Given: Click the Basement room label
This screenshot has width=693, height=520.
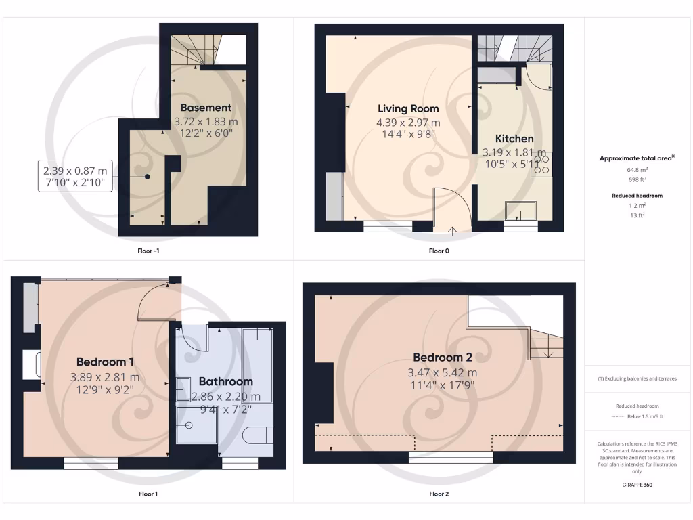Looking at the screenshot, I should click(x=206, y=108).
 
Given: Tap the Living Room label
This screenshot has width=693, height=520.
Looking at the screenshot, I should click(x=408, y=108).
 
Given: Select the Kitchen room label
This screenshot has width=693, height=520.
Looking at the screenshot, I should click(x=514, y=139).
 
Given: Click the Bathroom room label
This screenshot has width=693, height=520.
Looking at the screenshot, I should click(x=225, y=382).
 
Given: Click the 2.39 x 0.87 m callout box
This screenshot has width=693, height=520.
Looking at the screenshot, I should click(x=75, y=176).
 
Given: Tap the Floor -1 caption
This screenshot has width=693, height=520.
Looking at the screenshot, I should click(x=148, y=251).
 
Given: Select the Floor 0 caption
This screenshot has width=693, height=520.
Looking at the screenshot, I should click(x=439, y=251).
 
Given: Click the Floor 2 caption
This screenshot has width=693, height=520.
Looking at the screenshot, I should click(x=439, y=494).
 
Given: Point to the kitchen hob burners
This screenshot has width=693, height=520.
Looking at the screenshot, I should click(x=541, y=165).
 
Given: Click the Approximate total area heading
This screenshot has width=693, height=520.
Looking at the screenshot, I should click(x=636, y=158).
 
